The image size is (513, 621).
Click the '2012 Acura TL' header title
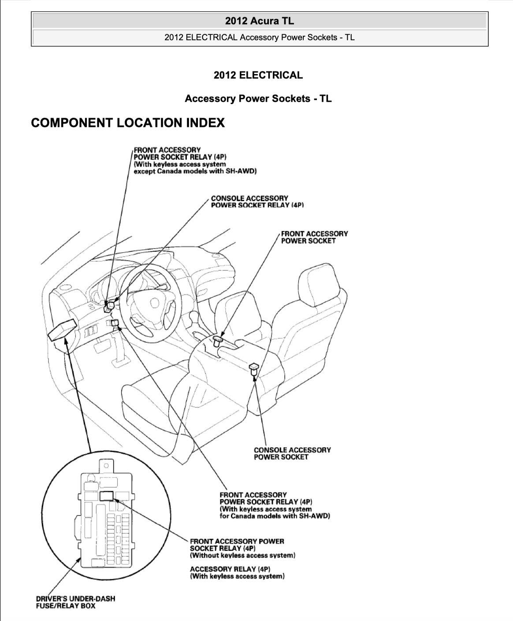(259, 21)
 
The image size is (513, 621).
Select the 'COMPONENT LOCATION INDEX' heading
(128, 123)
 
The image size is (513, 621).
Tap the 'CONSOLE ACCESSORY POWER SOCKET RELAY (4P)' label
(257, 202)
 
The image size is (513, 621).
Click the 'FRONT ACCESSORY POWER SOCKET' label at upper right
(314, 237)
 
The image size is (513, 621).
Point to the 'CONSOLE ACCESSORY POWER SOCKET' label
(292, 453)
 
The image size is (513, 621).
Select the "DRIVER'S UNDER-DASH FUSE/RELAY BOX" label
(75, 602)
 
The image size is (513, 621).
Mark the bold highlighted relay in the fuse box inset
(107, 495)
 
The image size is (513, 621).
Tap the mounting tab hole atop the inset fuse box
(106, 465)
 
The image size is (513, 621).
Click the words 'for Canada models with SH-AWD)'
(275, 516)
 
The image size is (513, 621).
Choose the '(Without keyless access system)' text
(242, 555)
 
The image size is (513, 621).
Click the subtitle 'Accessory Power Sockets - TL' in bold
(258, 98)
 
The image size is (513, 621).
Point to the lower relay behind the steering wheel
(115, 324)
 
